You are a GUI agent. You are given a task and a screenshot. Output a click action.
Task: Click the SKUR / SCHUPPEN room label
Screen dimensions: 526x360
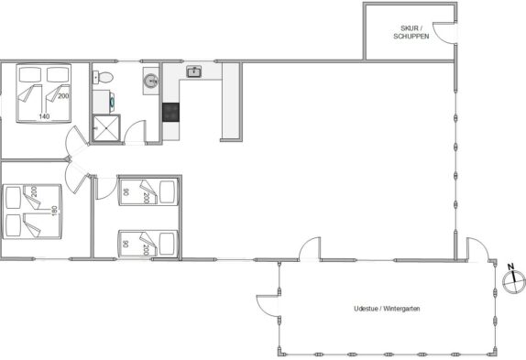point(411,32)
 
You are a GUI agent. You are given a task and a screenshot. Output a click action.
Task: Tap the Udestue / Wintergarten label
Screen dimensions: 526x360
point(387,309)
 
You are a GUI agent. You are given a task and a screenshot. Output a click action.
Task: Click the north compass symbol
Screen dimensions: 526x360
point(513,280)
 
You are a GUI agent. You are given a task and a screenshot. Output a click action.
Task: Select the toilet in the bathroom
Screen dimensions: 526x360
point(103,78)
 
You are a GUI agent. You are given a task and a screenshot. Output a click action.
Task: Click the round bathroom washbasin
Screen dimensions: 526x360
point(150,81)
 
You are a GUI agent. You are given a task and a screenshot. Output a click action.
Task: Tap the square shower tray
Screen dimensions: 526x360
point(105,127)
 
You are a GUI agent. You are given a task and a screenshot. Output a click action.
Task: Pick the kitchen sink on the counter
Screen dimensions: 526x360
point(194,71)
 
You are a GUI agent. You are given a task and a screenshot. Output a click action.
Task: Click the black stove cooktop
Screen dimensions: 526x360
point(170,112)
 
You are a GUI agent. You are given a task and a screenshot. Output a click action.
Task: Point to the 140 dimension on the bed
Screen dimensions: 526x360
point(44,116)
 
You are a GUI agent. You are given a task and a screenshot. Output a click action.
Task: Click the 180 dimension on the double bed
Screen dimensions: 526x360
point(54,211)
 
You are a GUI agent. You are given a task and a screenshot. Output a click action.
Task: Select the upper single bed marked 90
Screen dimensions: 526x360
point(148,191)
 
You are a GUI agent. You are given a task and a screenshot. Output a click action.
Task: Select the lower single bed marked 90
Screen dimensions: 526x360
point(148,244)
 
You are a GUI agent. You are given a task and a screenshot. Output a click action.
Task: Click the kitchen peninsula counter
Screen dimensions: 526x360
point(231,101)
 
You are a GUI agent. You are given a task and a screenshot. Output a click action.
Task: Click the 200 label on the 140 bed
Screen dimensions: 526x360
point(63,96)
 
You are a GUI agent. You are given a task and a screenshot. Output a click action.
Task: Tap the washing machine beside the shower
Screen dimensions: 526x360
point(103,102)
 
